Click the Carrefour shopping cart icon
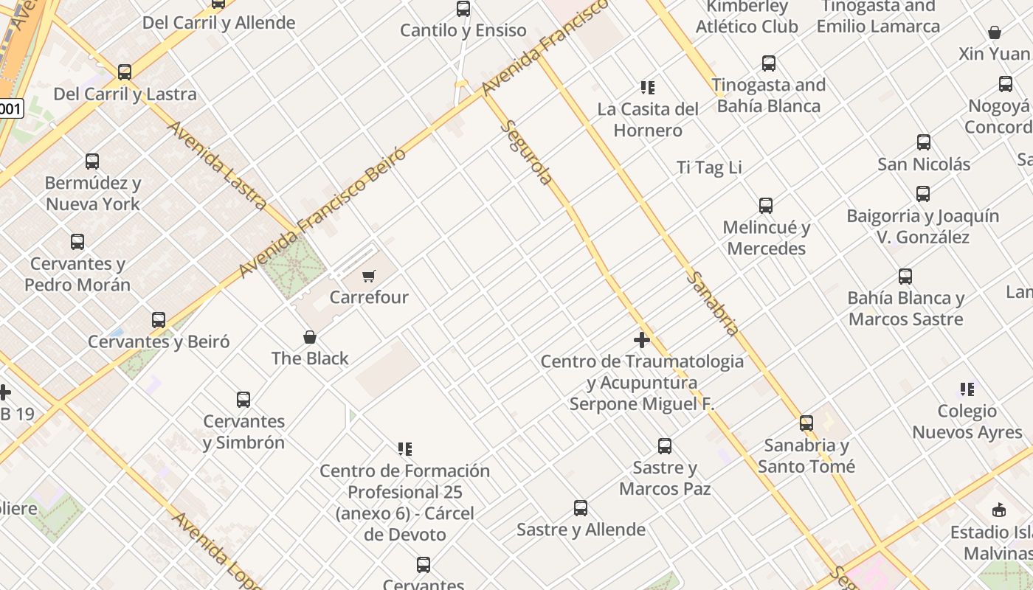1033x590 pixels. pos(369,277)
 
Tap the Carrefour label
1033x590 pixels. pos(369,297)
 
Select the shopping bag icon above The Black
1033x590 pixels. pos(310,338)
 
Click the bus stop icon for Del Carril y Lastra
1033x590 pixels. pos(125,72)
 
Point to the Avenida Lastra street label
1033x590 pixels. pos(217,164)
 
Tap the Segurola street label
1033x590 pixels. pos(527,152)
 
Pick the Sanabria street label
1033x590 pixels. pos(713,303)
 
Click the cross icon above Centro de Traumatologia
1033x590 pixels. pos(642,340)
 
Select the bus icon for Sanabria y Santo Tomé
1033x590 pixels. pos(806,423)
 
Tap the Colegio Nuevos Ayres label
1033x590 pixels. pos(967,422)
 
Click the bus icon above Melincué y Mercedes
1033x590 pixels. pos(766,206)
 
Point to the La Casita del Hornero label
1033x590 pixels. pos(648,119)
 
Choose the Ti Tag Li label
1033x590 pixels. pos(709,168)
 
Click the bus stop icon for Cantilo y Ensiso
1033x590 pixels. pos(463,9)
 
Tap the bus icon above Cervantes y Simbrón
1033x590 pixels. pos(243,400)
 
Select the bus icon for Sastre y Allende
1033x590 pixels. pos(581,508)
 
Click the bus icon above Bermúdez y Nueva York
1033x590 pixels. pos(92,162)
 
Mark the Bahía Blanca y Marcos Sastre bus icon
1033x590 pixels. pos(905,277)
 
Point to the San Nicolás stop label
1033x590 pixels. pos(924,164)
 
